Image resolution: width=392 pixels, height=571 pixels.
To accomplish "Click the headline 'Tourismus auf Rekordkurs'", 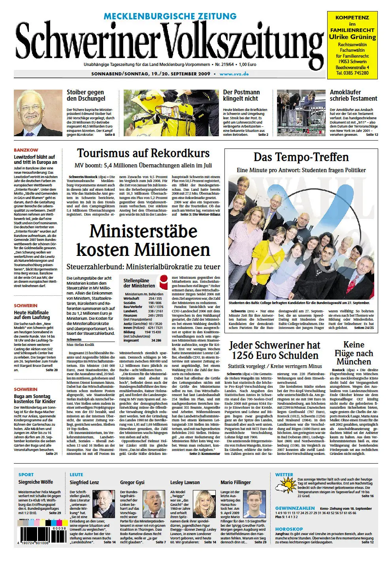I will (143, 154).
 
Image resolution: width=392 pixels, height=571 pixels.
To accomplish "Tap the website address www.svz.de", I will (234, 74).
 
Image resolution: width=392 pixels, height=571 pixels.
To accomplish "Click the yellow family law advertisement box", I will (352, 44).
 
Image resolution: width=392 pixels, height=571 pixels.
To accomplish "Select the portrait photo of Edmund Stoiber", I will (38, 113).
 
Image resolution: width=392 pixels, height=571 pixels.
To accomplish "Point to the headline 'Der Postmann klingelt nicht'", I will (241, 95).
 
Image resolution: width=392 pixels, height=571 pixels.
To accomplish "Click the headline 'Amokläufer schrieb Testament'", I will (353, 95).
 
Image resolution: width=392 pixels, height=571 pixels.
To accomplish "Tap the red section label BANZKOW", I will (26, 150).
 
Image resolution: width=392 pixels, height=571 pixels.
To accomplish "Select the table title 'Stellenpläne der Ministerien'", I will (139, 283).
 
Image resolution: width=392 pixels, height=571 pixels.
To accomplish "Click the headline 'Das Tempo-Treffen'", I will (301, 157).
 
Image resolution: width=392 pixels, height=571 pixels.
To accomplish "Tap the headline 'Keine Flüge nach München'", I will (353, 353).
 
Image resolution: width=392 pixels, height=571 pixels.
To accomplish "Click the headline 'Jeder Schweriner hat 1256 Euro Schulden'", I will (275, 350).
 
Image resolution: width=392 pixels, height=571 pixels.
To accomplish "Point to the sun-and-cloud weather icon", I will (285, 486).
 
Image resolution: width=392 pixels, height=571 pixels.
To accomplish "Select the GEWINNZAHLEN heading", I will (295, 508).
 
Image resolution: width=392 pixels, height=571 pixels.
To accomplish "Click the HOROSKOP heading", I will (289, 529).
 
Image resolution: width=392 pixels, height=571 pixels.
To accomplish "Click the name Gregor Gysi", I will (132, 482).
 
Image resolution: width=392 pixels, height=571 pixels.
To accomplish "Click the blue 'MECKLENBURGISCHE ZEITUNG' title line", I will (170, 16).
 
